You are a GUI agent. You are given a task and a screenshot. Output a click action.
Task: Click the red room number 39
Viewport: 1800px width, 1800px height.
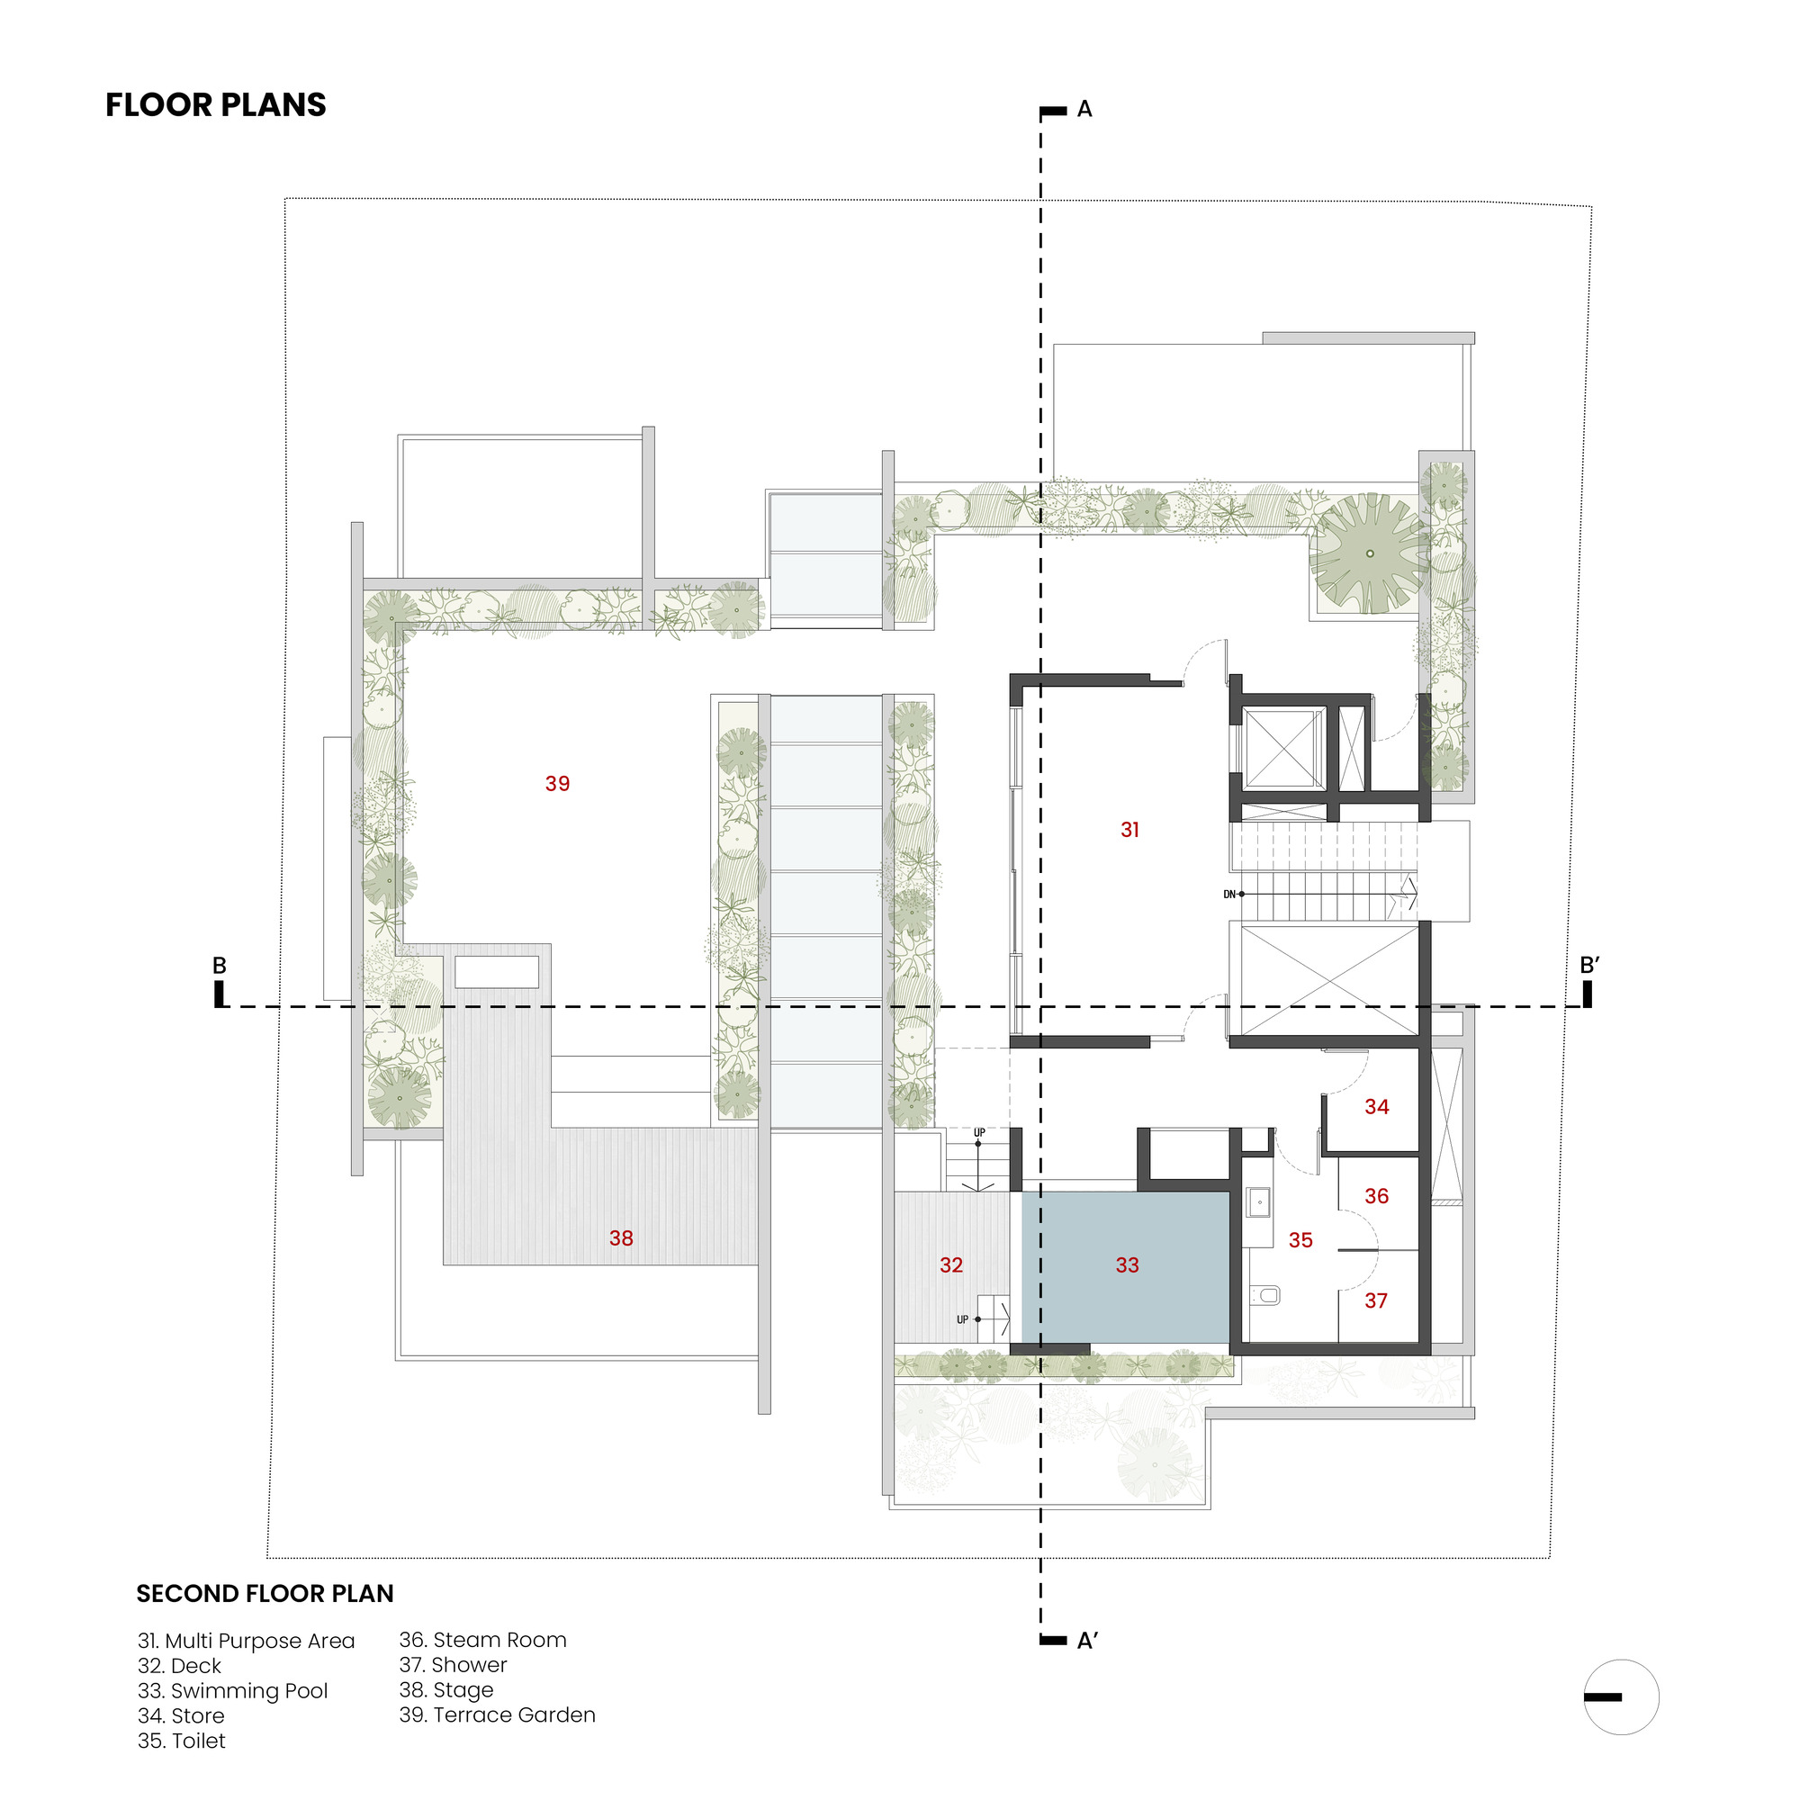point(557,784)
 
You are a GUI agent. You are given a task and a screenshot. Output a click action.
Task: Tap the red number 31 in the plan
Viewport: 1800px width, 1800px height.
point(1129,829)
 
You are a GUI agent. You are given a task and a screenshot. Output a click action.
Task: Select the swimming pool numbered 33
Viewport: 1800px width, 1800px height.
point(1127,1264)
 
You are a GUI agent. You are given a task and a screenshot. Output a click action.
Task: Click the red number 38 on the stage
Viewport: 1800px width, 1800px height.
point(620,1237)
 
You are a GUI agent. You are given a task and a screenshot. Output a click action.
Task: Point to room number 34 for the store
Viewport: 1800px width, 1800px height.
point(1376,1106)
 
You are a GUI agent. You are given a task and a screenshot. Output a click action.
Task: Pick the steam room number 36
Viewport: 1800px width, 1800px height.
point(1376,1195)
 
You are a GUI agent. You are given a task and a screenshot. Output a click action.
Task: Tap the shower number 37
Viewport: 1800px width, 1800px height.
point(1375,1300)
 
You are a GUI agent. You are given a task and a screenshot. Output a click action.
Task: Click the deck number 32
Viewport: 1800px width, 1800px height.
point(950,1264)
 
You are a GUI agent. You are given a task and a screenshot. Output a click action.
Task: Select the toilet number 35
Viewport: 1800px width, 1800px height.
point(1300,1239)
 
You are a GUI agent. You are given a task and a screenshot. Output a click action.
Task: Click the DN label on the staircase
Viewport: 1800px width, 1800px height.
point(1228,895)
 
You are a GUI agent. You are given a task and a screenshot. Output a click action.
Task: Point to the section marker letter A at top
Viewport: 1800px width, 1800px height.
point(1084,109)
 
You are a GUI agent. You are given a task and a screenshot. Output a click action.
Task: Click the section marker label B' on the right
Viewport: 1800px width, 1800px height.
point(1589,965)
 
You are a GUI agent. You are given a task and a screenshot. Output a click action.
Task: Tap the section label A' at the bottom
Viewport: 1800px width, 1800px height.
point(1086,1641)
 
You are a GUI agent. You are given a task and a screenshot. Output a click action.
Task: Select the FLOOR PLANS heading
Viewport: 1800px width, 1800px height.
point(215,104)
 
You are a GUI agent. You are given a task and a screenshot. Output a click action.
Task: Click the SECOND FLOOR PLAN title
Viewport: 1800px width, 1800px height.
point(265,1593)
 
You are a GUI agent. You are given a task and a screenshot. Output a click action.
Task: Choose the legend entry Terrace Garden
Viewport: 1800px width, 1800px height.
point(497,1714)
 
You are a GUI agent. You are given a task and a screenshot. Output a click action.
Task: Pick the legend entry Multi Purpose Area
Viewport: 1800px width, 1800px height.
point(246,1641)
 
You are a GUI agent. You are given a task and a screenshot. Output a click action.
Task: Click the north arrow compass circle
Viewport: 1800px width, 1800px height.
point(1621,1696)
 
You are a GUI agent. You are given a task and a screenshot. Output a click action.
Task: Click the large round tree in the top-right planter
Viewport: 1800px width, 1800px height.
point(1369,553)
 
